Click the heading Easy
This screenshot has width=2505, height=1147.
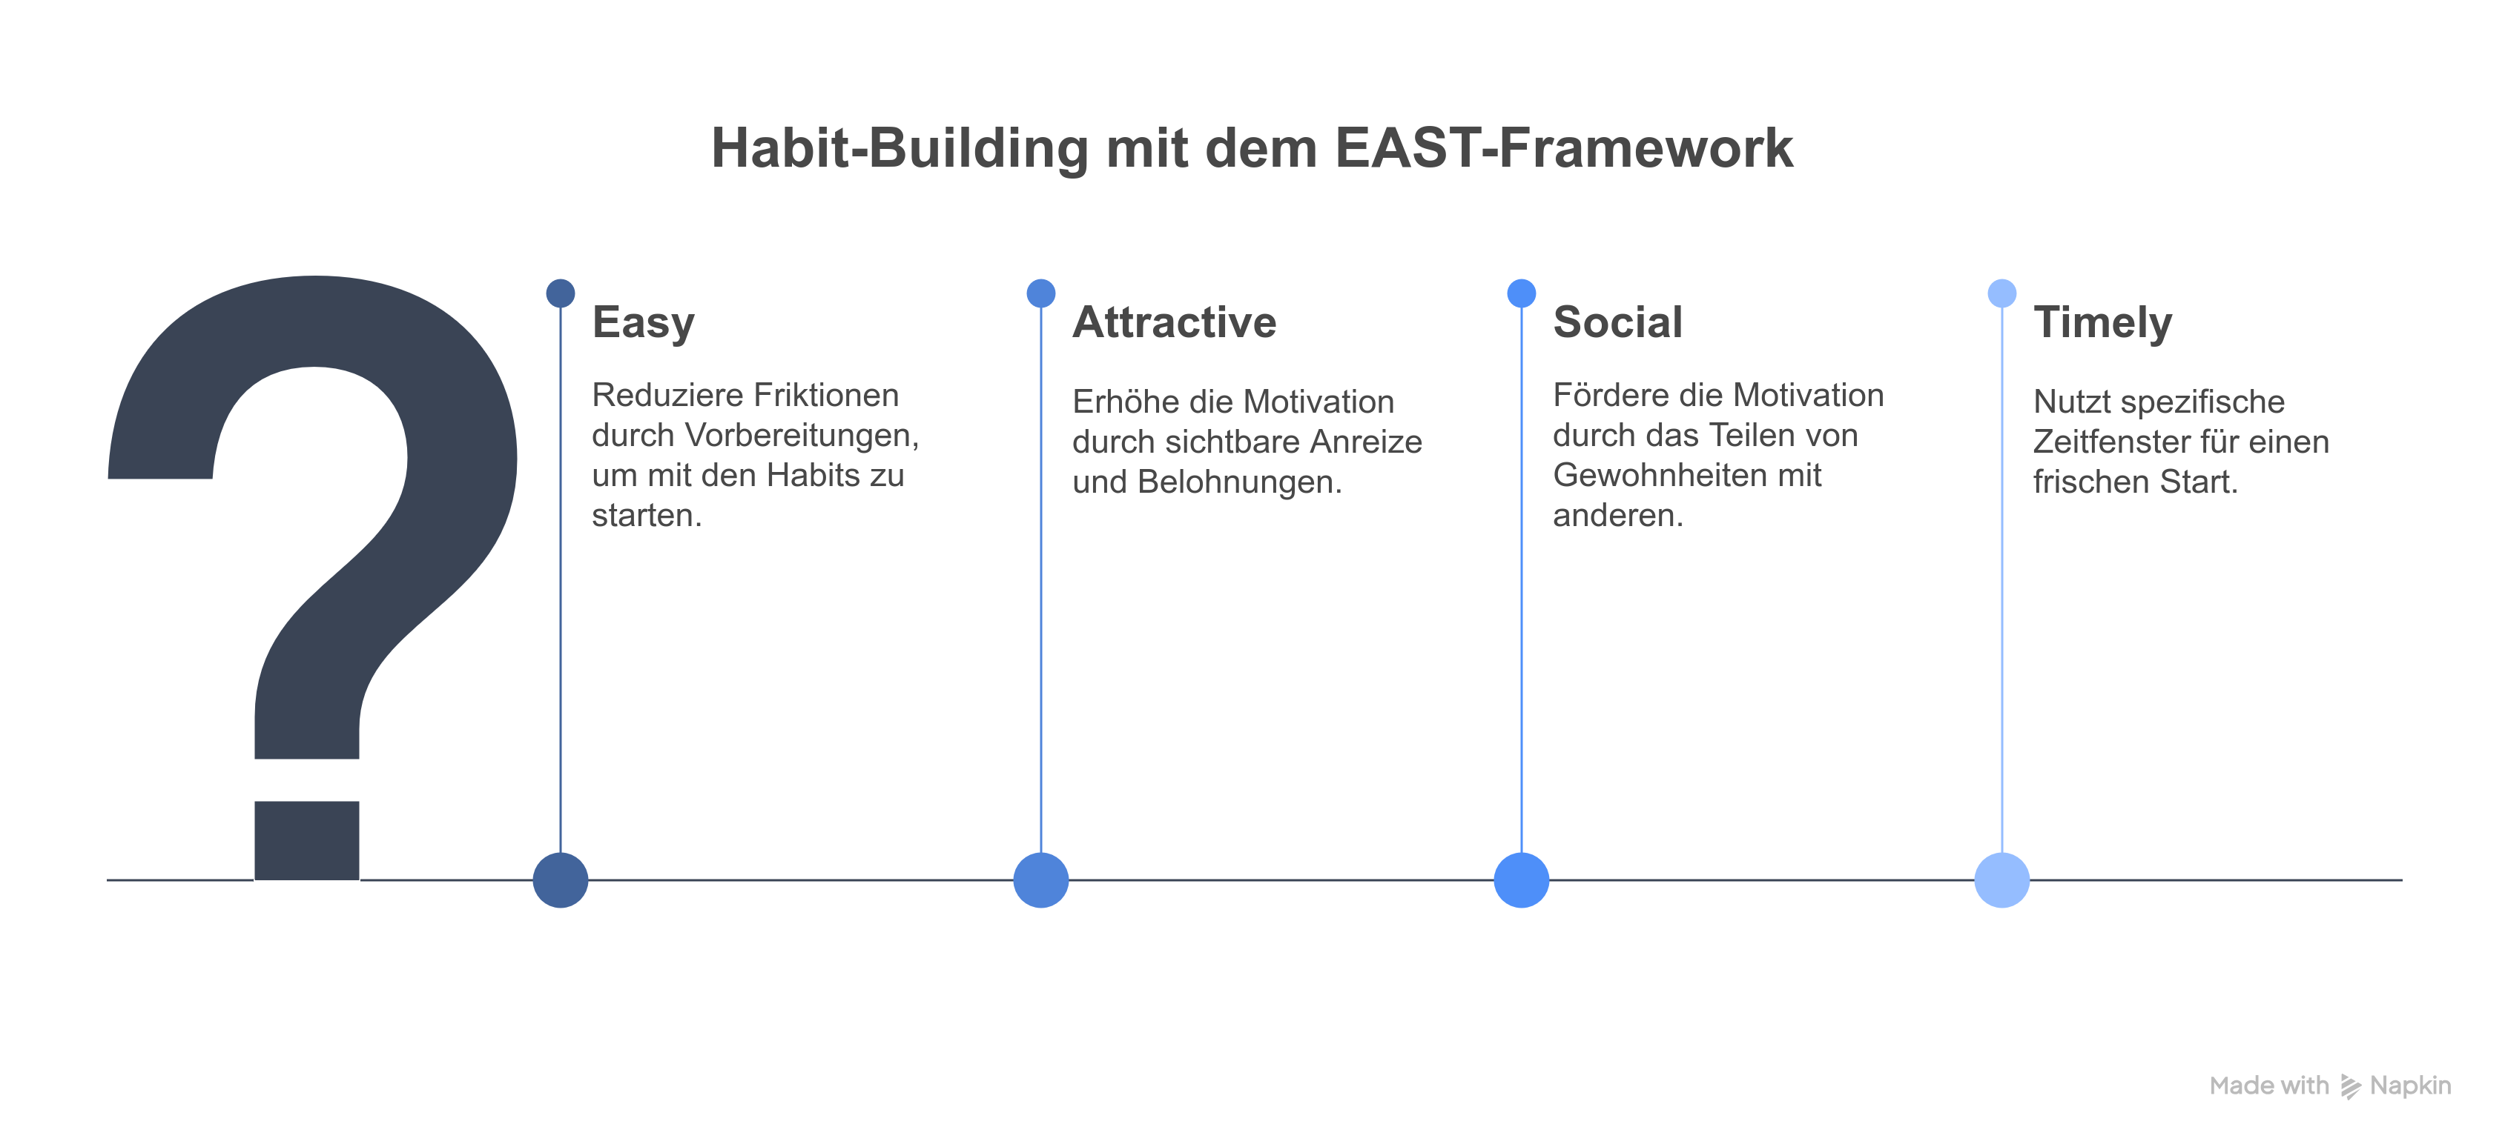tap(643, 324)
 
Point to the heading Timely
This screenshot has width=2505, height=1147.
tap(2102, 324)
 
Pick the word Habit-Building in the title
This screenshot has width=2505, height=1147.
tap(900, 149)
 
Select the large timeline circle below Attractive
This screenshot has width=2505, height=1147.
tap(1041, 880)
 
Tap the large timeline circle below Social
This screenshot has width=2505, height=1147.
tap(1522, 880)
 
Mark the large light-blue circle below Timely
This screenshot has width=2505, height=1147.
tap(2002, 880)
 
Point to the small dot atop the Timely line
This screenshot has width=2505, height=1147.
tap(2002, 293)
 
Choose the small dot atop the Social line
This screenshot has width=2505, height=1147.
tap(1522, 293)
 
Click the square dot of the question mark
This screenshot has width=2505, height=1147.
tap(307, 840)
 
